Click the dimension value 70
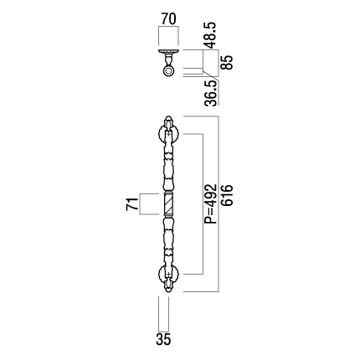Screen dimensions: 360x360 [x=168, y=19]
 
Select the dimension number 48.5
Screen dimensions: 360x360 [x=210, y=35]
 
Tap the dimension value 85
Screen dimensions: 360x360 [x=226, y=63]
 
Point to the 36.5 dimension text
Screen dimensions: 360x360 [x=210, y=93]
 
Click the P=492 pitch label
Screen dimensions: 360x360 [x=210, y=203]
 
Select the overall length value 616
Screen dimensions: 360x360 [x=227, y=195]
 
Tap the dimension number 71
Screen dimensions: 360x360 [x=132, y=204]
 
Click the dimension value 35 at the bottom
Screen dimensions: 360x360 [x=163, y=340]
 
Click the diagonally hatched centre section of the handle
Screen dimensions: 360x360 [x=168, y=204]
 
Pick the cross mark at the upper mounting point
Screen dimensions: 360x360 [x=168, y=134]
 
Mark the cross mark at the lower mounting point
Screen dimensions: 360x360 [x=168, y=275]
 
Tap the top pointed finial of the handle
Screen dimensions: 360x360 [x=168, y=121]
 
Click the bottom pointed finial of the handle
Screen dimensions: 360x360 [x=168, y=288]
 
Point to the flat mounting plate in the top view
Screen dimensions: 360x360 [x=168, y=51]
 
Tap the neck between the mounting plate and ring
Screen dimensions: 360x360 [x=168, y=59]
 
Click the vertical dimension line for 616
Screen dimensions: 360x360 [x=219, y=204]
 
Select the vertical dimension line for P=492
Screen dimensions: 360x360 [x=203, y=204]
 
